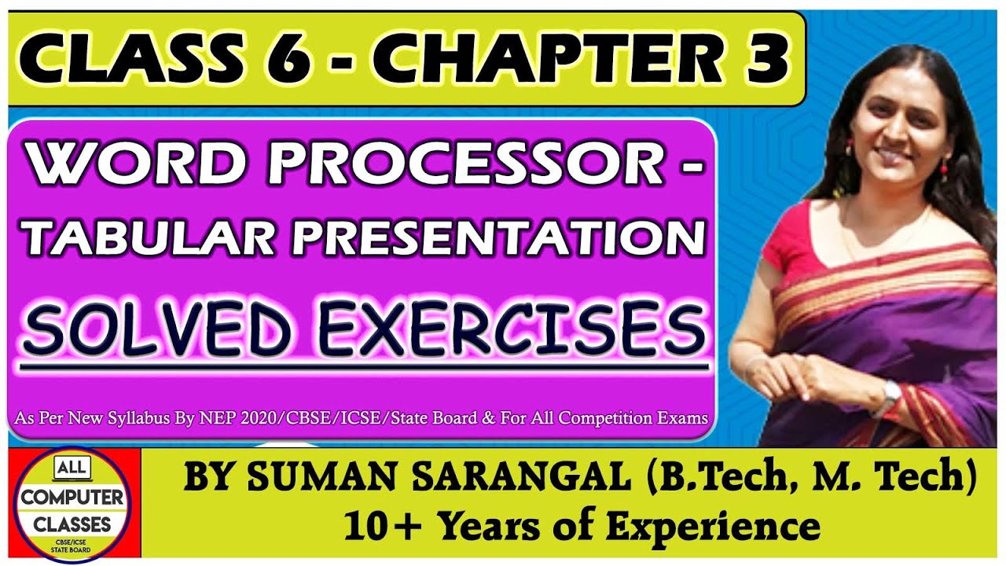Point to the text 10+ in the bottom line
pyautogui.click(x=385, y=524)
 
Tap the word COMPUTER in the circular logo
pyautogui.click(x=72, y=498)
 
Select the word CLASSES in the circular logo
pyautogui.click(x=72, y=523)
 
